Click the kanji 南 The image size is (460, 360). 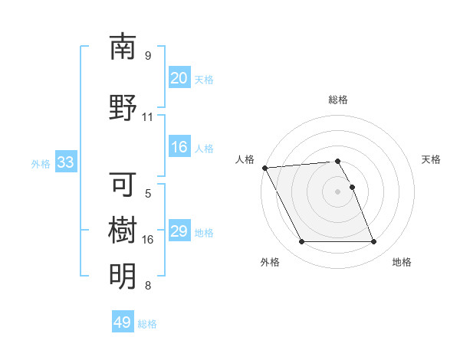[123, 47]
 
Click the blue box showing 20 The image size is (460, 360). [179, 78]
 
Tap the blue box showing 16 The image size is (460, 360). [179, 147]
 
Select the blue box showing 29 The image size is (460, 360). [179, 231]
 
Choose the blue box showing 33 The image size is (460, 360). [64, 162]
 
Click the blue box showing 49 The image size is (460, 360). [123, 322]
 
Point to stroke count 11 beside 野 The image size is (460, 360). [147, 117]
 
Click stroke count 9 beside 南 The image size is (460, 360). [147, 56]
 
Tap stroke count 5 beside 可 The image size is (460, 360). [147, 195]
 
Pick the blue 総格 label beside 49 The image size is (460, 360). [147, 324]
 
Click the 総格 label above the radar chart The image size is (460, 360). [337, 100]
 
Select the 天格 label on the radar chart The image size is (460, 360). [431, 159]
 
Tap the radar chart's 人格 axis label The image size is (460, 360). [244, 159]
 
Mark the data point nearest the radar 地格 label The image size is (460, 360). [373, 242]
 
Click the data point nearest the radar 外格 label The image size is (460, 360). [301, 242]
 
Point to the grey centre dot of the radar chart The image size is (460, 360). [337, 191]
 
